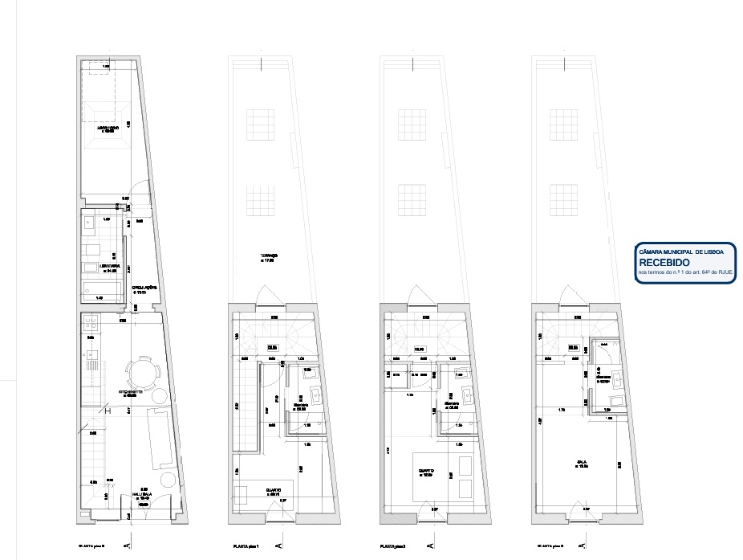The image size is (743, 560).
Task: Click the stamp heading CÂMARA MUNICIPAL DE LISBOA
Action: coord(681,251)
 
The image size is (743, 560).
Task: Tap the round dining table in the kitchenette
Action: coord(142,371)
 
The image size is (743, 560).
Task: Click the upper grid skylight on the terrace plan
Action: coord(262,125)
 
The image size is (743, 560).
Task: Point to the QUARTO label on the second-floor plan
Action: coord(424,472)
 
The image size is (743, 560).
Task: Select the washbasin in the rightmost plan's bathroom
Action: coord(615,402)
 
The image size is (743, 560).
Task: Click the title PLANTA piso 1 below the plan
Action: coord(246,547)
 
